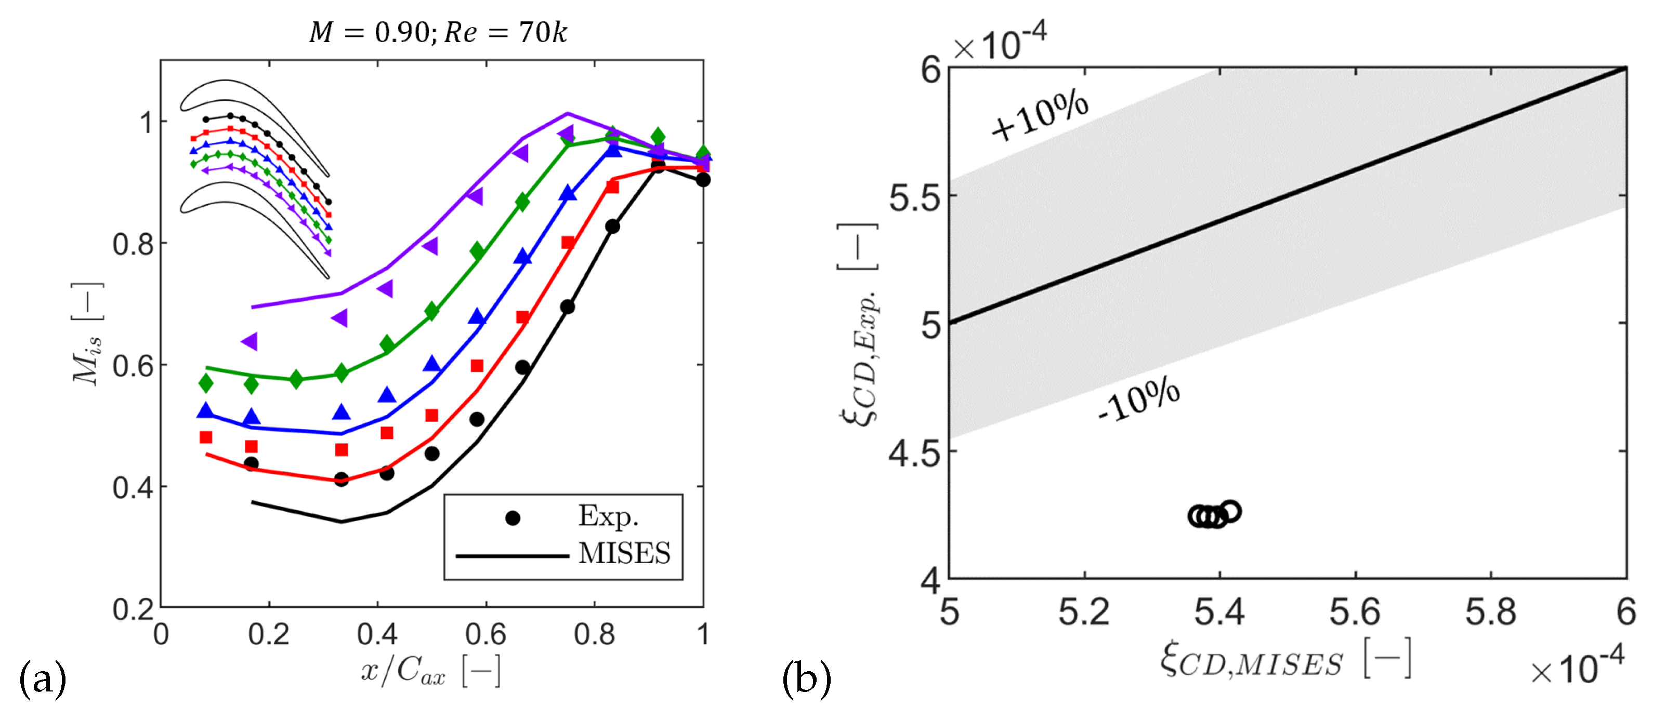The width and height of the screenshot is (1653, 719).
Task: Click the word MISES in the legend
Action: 624,553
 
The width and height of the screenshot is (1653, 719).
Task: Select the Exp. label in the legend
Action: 608,516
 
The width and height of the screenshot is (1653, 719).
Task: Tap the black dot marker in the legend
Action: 512,518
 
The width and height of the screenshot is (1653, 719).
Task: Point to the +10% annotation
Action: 1040,115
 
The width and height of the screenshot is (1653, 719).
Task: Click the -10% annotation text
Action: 1138,399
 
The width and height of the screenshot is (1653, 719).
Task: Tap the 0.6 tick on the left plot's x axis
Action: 486,634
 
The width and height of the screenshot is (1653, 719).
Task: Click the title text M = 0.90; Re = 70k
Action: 438,32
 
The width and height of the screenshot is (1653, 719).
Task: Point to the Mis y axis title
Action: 87,334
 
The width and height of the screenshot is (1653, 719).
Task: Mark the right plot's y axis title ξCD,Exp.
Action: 858,324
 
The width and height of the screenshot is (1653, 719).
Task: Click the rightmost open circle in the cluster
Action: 1230,511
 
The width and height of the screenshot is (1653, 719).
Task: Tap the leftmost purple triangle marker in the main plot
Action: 250,341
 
